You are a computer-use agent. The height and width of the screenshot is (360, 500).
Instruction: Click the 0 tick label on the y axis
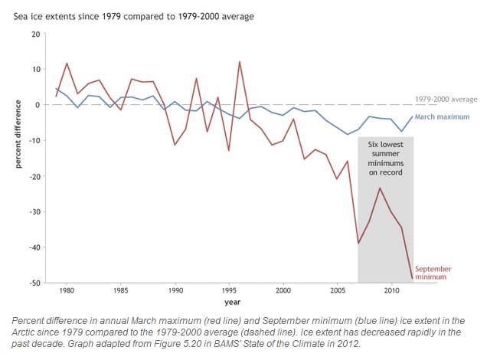coord(37,105)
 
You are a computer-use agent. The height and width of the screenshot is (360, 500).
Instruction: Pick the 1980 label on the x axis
coord(67,292)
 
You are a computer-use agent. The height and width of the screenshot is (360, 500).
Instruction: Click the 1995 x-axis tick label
coord(229,292)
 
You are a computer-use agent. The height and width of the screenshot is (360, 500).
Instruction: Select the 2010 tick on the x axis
coord(391,292)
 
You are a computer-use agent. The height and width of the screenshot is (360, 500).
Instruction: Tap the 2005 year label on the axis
coord(337,292)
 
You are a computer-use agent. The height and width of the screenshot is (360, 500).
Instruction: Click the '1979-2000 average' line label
coord(446,100)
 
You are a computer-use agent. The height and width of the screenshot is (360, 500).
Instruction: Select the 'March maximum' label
coord(446,117)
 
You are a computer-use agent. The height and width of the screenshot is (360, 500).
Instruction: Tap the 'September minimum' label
coord(433,273)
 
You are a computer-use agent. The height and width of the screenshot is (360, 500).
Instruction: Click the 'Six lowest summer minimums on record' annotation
coord(385,158)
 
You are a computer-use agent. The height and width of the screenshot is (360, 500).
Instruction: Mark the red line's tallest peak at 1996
coord(240,61)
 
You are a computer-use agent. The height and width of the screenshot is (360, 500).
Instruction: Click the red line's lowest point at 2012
coord(413,280)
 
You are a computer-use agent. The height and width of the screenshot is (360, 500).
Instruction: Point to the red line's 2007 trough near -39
coord(358,244)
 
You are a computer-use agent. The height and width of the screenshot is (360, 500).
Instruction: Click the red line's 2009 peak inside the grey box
coord(381,188)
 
